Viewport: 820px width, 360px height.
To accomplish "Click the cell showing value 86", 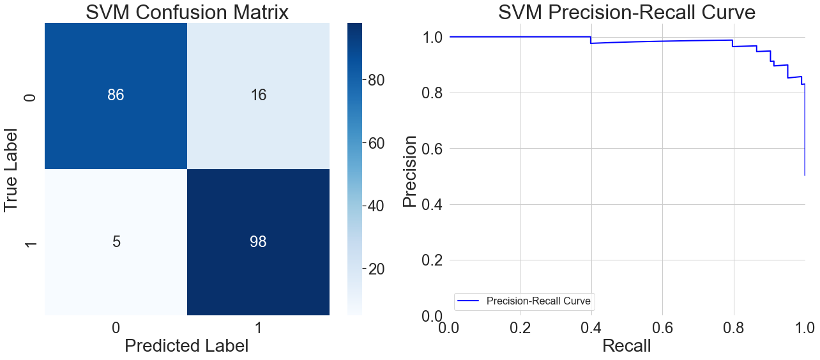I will tap(116, 96).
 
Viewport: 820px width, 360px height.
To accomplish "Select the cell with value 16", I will tap(258, 96).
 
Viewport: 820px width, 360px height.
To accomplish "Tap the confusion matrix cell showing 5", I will tap(116, 242).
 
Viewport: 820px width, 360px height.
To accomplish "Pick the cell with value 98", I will tap(258, 242).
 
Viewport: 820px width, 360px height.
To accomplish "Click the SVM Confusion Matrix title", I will tap(187, 12).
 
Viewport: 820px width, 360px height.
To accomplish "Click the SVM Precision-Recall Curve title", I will tap(626, 12).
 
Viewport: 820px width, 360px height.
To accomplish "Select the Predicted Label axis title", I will tap(186, 345).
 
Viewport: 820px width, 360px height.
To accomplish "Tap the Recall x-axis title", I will tap(626, 345).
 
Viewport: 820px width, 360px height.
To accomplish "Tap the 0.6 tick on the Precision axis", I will tap(434, 149).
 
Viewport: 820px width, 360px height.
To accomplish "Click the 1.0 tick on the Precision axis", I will tap(434, 37).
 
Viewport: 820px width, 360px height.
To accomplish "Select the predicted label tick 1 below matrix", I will tap(258, 327).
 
